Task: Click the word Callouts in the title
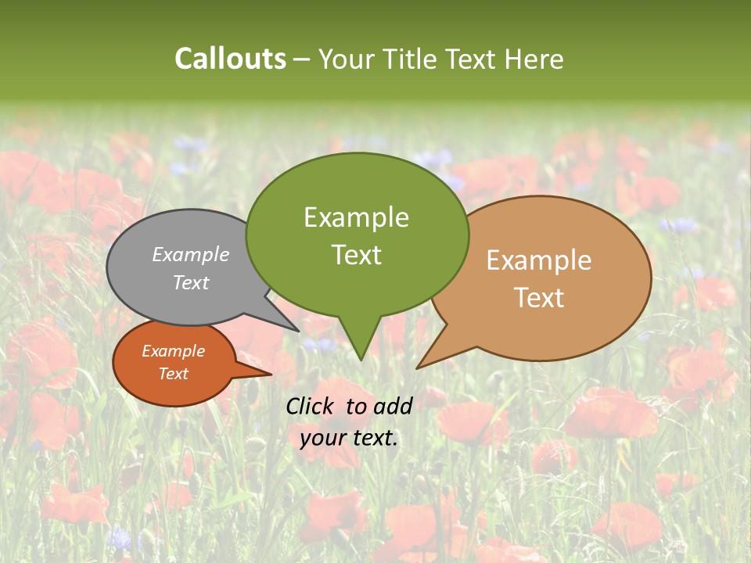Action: [230, 59]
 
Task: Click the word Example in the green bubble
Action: [356, 217]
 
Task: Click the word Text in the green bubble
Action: [356, 255]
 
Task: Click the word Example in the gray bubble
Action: [191, 254]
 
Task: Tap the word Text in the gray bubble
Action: [191, 282]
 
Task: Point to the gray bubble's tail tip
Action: [298, 331]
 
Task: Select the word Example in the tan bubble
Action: [539, 260]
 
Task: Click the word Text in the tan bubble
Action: [539, 298]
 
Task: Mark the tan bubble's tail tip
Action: [418, 368]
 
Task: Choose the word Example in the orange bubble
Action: [173, 351]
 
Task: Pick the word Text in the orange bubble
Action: [173, 374]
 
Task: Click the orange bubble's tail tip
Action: [271, 375]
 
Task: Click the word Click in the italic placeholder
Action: [311, 406]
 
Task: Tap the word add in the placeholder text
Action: [393, 406]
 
